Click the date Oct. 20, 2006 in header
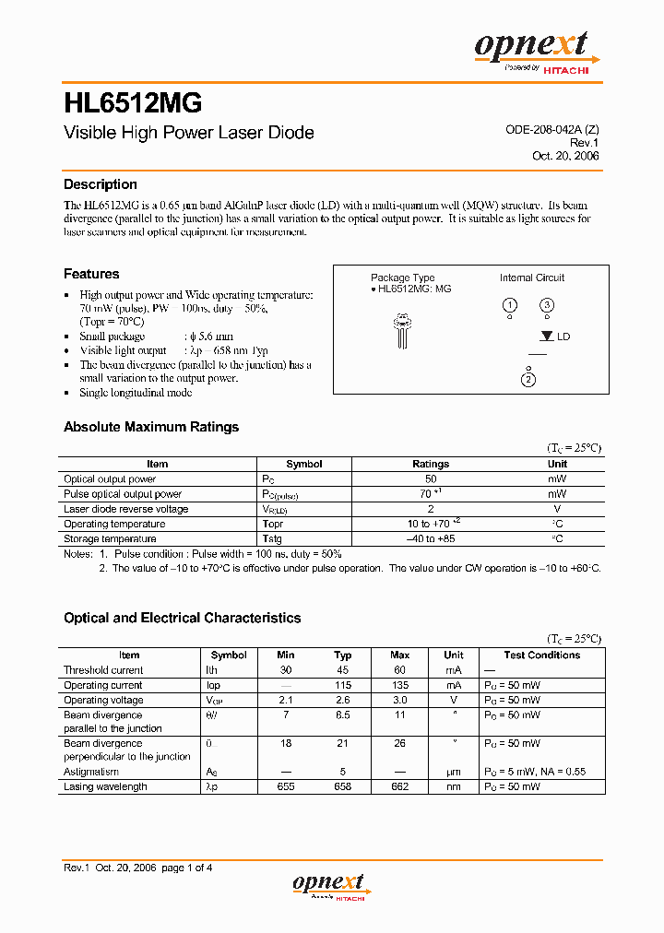[565, 156]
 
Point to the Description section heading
[100, 184]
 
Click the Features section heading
[91, 274]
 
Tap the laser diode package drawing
[402, 330]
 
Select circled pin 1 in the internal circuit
[508, 305]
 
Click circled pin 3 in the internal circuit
[547, 305]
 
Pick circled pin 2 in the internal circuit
[528, 380]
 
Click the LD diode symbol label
[563, 337]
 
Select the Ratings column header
[431, 465]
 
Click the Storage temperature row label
[110, 538]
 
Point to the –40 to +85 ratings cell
[431, 538]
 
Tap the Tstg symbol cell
[272, 538]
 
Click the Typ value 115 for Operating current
[343, 685]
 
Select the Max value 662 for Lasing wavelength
[399, 786]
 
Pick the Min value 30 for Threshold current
[286, 670]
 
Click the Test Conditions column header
[542, 655]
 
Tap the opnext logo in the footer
[330, 886]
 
